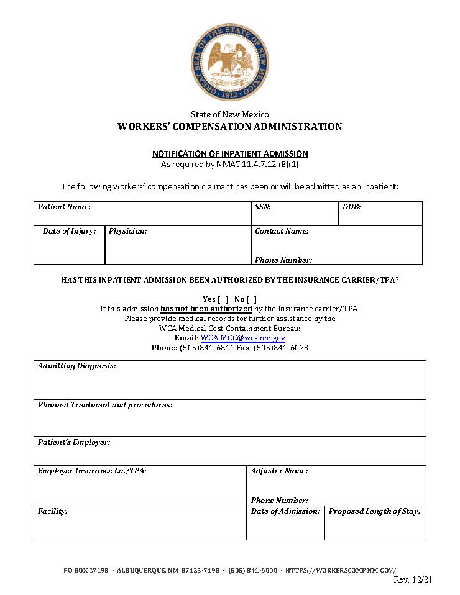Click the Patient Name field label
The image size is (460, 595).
pyautogui.click(x=64, y=207)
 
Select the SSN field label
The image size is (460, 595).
pyautogui.click(x=262, y=207)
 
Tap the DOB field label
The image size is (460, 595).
pyautogui.click(x=351, y=207)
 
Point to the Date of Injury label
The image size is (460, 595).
pyautogui.click(x=69, y=231)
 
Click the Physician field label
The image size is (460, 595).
pyautogui.click(x=127, y=231)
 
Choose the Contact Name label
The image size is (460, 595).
pyautogui.click(x=282, y=231)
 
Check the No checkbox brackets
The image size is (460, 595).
pyautogui.click(x=251, y=299)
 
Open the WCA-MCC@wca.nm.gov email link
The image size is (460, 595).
pyautogui.click(x=242, y=338)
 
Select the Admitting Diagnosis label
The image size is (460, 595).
pyautogui.click(x=76, y=366)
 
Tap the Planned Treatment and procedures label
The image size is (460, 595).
pyautogui.click(x=104, y=405)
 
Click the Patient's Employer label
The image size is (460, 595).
pyautogui.click(x=74, y=442)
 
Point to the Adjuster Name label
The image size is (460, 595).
pyautogui.click(x=279, y=471)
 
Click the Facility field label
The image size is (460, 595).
pyautogui.click(x=52, y=511)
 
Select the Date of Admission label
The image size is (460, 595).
pyautogui.click(x=285, y=511)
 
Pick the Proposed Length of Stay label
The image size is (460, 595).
pyautogui.click(x=374, y=511)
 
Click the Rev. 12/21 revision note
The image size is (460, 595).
pyautogui.click(x=413, y=579)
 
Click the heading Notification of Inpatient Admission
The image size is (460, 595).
pyautogui.click(x=230, y=153)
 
